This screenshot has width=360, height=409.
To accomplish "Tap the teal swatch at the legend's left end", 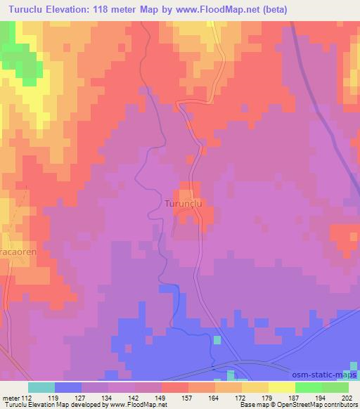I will tap(41, 387).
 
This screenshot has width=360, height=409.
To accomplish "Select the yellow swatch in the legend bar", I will tap(281, 387).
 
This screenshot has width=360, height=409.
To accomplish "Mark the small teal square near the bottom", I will tap(217, 340).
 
